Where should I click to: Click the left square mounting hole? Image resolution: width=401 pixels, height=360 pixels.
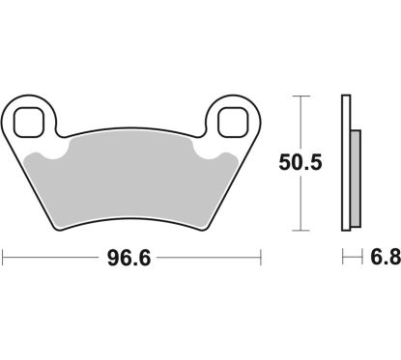[33, 121]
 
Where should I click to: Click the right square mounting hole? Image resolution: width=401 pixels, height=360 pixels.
[233, 121]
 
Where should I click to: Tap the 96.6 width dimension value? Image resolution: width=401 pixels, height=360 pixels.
[132, 259]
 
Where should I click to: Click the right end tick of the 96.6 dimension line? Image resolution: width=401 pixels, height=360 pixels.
[262, 259]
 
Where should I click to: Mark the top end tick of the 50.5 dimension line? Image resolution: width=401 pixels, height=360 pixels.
[301, 96]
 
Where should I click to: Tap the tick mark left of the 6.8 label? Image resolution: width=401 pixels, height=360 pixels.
[343, 259]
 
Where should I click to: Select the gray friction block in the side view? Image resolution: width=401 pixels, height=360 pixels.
[354, 179]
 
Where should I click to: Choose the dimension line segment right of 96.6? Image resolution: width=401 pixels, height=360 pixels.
[213, 259]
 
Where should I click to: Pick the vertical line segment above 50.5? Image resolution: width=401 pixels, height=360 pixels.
[301, 121]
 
